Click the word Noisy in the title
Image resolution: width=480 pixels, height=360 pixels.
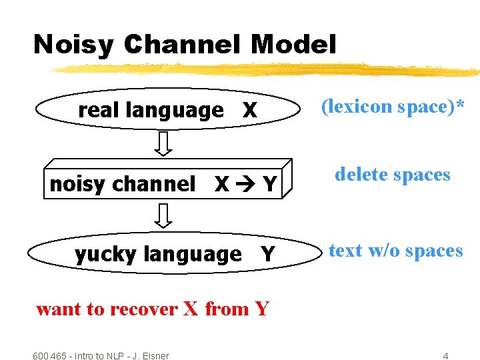74,45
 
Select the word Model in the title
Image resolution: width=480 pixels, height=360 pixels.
293,45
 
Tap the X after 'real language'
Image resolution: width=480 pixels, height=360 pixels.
249,111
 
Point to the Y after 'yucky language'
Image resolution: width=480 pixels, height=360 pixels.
267,254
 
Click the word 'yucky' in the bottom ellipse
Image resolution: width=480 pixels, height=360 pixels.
106,254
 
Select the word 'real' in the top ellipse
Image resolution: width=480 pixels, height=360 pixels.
96,110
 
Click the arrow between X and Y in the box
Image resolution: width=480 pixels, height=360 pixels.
243,184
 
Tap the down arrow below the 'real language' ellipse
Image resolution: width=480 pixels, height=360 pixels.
164,143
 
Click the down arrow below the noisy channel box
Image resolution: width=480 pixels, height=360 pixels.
164,215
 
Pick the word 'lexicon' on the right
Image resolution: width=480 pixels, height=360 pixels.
360,107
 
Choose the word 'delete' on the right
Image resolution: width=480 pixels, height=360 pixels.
361,175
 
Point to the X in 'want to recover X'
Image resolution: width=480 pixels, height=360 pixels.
191,309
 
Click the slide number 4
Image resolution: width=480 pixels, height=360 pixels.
446,355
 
